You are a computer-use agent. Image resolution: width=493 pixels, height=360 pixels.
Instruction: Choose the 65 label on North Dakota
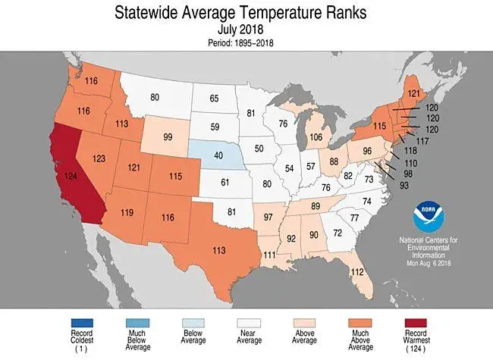(x=215, y=99)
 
